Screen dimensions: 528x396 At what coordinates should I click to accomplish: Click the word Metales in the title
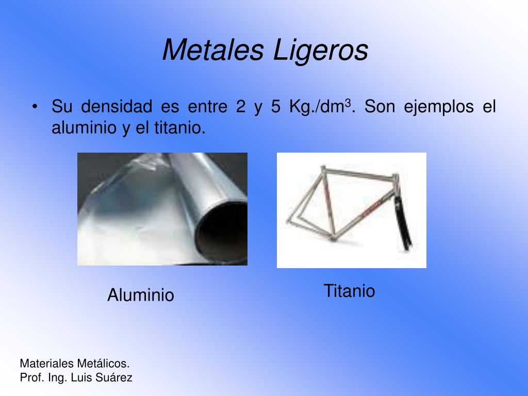[213, 50]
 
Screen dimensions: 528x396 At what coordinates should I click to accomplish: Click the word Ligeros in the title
[320, 51]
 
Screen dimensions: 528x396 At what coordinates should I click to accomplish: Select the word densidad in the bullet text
[117, 106]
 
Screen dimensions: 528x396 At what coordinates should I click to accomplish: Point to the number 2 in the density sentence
[241, 107]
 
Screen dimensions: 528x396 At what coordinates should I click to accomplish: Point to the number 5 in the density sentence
[275, 107]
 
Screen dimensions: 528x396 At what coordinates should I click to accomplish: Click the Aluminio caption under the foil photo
[141, 295]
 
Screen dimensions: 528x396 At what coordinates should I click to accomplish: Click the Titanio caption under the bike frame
[349, 291]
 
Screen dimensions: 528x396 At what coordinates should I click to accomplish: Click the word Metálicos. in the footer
[103, 364]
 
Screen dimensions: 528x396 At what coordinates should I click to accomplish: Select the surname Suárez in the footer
[113, 377]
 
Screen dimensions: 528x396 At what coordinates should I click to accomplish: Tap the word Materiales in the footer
[47, 364]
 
